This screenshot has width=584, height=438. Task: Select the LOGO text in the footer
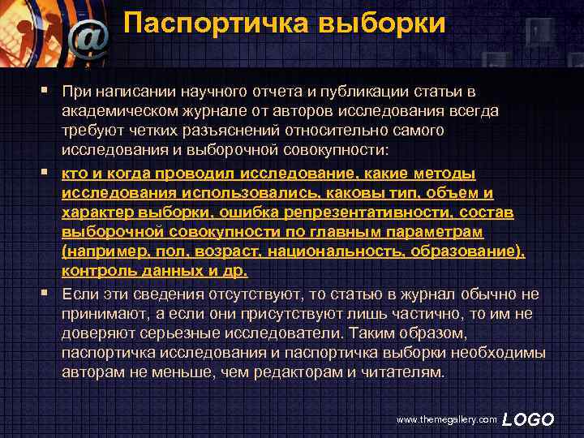pyautogui.click(x=528, y=419)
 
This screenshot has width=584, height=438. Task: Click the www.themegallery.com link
pyautogui.click(x=445, y=419)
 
